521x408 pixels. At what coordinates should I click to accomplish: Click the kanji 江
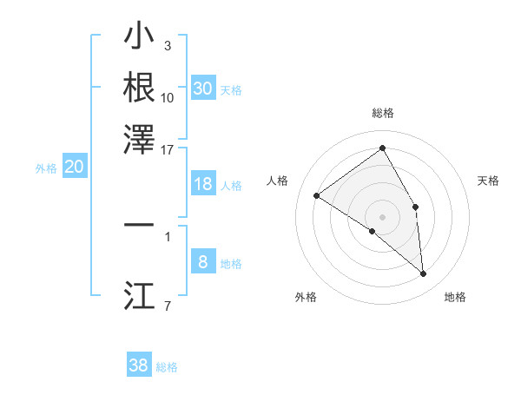click(139, 295)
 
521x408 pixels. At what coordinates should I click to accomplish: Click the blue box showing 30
click(203, 88)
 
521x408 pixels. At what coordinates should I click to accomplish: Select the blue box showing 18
click(203, 184)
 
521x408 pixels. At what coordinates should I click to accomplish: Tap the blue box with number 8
click(203, 262)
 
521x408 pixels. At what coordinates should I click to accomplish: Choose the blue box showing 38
click(139, 365)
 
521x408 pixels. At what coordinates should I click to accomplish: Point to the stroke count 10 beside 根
click(168, 98)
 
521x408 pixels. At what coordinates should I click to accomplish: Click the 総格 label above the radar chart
click(382, 113)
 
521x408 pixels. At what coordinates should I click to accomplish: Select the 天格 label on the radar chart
click(488, 181)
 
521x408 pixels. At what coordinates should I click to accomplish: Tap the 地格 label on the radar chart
click(455, 297)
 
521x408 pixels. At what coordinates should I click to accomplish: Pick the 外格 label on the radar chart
click(306, 297)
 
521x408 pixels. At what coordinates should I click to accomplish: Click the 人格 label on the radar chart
click(277, 181)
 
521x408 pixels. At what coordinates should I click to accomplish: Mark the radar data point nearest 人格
click(317, 195)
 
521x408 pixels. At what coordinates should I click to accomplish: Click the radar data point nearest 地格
click(423, 273)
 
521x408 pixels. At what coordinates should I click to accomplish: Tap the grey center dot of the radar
click(382, 216)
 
